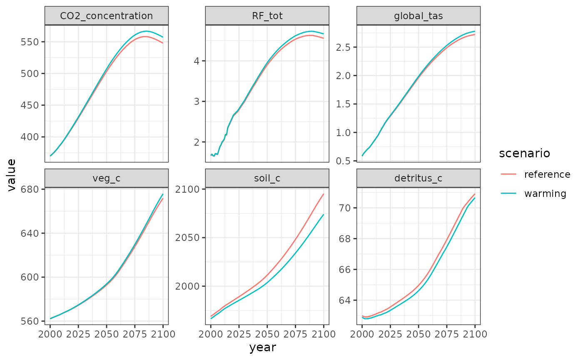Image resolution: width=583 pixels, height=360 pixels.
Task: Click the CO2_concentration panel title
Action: pyautogui.click(x=106, y=16)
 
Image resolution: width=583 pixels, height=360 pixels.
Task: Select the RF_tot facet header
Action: pyautogui.click(x=267, y=16)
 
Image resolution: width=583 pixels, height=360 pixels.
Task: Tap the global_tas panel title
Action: pyautogui.click(x=419, y=16)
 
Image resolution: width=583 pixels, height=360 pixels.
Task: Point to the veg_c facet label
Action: pyautogui.click(x=106, y=179)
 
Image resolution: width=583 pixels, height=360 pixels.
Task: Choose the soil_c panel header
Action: pyautogui.click(x=267, y=179)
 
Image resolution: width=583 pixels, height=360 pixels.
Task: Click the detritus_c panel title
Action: pyautogui.click(x=419, y=179)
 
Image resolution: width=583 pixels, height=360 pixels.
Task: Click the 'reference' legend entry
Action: pyautogui.click(x=547, y=174)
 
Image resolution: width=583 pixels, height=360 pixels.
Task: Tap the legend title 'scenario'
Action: pyautogui.click(x=524, y=154)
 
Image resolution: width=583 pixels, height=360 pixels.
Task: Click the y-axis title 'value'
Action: pyautogui.click(x=12, y=174)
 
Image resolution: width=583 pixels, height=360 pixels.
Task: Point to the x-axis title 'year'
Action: pyautogui.click(x=262, y=347)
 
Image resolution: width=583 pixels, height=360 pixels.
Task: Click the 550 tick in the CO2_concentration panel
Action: pyautogui.click(x=31, y=42)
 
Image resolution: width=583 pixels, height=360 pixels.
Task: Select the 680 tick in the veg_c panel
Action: pyautogui.click(x=31, y=189)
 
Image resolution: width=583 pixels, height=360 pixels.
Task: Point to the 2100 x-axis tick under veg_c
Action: pyautogui.click(x=162, y=333)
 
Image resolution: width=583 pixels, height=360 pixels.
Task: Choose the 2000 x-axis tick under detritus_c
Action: pyautogui.click(x=362, y=333)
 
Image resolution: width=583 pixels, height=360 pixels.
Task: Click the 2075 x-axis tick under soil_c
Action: pyautogui.click(x=295, y=333)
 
